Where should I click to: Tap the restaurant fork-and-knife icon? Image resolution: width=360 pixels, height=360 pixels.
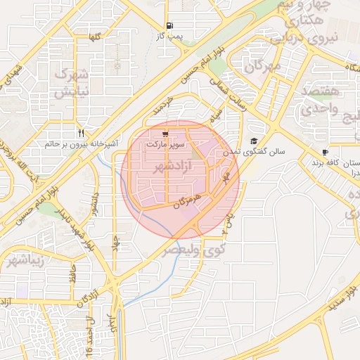click(x=82, y=133)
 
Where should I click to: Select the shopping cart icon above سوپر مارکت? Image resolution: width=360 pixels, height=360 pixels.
click(x=165, y=132)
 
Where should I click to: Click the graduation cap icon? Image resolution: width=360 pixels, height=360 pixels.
click(x=253, y=141)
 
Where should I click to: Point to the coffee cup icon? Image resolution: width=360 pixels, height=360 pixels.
click(x=325, y=153)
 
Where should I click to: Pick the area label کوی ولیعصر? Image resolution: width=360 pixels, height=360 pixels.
click(x=195, y=249)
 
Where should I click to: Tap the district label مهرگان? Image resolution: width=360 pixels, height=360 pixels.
click(x=263, y=66)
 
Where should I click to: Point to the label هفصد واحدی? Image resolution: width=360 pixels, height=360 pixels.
click(x=320, y=101)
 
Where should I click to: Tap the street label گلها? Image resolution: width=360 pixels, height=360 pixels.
click(x=93, y=36)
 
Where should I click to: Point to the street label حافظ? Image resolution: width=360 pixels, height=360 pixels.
click(x=72, y=276)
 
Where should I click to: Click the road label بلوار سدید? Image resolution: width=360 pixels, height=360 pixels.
click(x=337, y=295)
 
